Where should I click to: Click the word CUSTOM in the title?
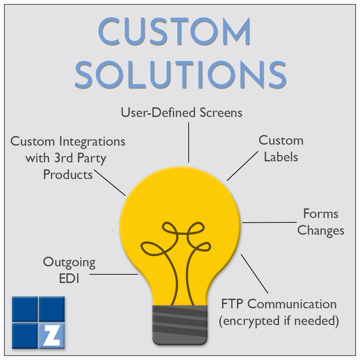coord(174,32)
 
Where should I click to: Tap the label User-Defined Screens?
coord(181,113)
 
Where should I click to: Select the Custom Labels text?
coord(281,149)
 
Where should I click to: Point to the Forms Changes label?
coord(321,222)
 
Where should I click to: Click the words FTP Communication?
coord(279,304)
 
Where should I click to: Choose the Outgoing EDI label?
coord(69,270)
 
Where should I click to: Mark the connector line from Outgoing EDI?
coord(114,275)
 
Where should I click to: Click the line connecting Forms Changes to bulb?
coord(270,222)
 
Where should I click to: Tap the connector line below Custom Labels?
coord(242,166)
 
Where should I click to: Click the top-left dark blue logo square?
coord(24,309)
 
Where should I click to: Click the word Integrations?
coord(92,141)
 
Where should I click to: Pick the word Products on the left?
coord(68,174)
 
